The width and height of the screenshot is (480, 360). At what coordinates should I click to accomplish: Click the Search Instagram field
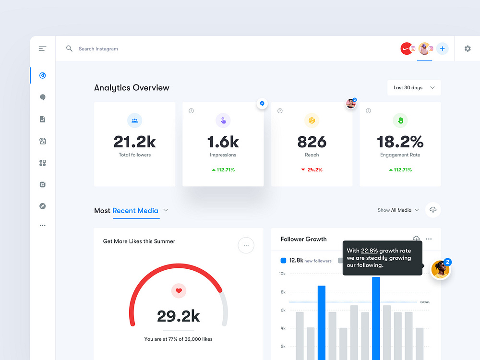(98, 49)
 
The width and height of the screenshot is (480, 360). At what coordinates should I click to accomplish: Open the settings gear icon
(468, 48)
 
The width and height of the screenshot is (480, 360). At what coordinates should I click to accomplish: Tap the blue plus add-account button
(442, 48)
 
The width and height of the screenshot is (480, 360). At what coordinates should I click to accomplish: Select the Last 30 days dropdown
(414, 88)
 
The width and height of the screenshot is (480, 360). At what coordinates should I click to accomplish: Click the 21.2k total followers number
(134, 142)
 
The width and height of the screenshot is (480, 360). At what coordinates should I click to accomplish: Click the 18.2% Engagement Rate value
(400, 142)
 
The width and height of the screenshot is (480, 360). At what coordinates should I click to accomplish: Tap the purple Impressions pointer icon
(223, 120)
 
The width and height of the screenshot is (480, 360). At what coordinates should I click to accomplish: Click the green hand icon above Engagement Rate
(400, 120)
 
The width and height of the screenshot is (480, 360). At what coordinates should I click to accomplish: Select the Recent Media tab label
(135, 210)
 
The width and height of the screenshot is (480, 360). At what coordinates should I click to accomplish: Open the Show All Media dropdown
(398, 210)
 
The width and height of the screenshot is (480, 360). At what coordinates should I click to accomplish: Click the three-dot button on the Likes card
(246, 245)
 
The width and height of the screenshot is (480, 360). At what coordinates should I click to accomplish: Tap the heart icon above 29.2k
(179, 290)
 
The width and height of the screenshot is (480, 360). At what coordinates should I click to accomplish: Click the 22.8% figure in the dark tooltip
(369, 251)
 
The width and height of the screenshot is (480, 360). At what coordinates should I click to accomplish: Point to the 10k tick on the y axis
(282, 274)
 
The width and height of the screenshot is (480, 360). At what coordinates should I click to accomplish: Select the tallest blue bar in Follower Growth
(376, 317)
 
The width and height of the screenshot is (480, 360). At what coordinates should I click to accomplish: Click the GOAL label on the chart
(425, 302)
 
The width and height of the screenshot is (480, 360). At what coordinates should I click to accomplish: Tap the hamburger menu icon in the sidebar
(43, 48)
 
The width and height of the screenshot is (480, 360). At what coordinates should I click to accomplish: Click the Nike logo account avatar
(407, 48)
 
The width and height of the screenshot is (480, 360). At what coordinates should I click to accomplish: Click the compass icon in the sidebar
(43, 206)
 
